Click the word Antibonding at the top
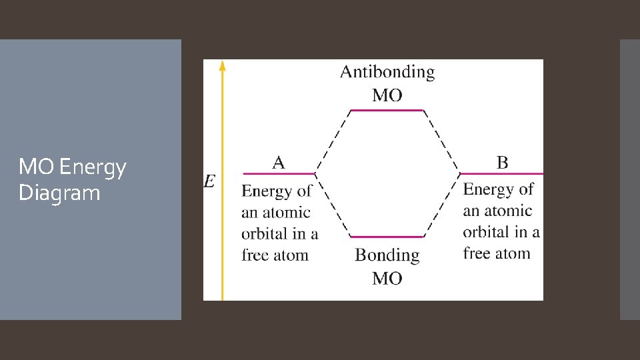387,73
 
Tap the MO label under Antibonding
387,95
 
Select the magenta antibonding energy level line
387,110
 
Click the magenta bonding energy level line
387,237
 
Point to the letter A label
279,162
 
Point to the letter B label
502,162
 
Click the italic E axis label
209,181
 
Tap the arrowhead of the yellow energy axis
223,65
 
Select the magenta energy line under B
501,173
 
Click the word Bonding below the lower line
387,255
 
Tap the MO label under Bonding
387,278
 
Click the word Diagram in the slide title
59,193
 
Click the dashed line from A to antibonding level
333,141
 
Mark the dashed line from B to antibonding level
441,141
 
